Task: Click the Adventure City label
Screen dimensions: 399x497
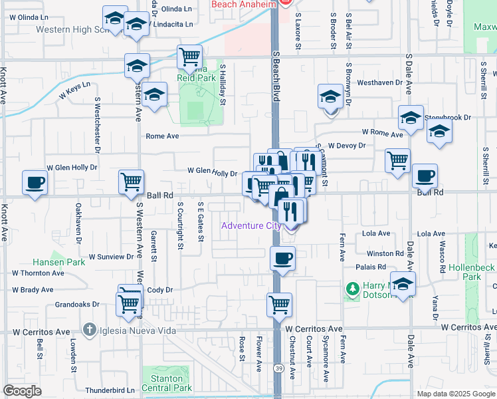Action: click(x=250, y=225)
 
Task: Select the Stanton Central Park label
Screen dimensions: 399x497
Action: click(x=167, y=383)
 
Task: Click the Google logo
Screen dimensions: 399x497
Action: click(x=22, y=391)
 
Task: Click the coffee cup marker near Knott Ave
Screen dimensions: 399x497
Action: click(x=35, y=182)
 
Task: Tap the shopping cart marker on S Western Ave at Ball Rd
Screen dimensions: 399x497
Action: click(x=131, y=182)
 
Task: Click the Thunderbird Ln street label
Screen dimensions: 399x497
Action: click(x=110, y=390)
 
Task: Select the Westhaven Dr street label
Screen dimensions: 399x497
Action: click(x=380, y=83)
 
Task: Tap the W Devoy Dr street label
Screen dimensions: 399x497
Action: click(x=347, y=145)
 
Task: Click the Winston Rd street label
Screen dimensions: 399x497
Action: click(x=385, y=253)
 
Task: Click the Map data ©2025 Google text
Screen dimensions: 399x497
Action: click(x=455, y=394)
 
